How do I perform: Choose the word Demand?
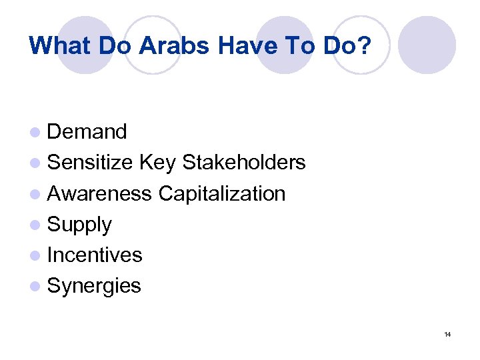(x=87, y=132)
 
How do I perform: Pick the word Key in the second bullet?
(x=157, y=163)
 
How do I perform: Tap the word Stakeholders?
(x=243, y=163)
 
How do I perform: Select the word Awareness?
(x=99, y=193)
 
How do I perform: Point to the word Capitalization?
(x=221, y=193)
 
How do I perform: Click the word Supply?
(x=79, y=225)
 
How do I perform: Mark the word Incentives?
(x=95, y=255)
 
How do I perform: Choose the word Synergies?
(x=94, y=286)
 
